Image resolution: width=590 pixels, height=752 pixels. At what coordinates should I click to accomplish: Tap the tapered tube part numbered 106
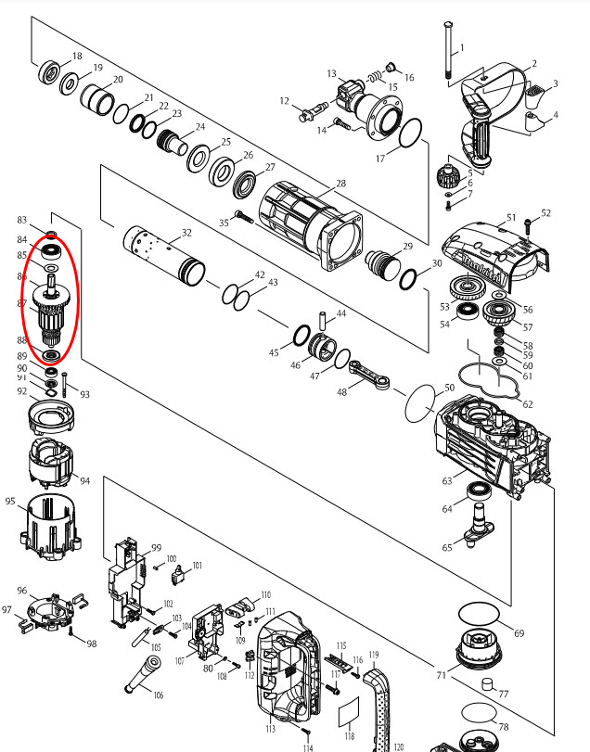tap(145, 673)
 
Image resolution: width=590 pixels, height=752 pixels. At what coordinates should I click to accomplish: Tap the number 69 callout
tap(519, 633)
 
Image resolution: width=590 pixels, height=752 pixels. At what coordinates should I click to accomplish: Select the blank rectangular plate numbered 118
tap(349, 714)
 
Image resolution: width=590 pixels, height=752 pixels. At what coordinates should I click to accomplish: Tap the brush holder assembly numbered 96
tap(52, 607)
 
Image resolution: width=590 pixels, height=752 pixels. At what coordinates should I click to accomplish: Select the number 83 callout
tap(21, 220)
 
